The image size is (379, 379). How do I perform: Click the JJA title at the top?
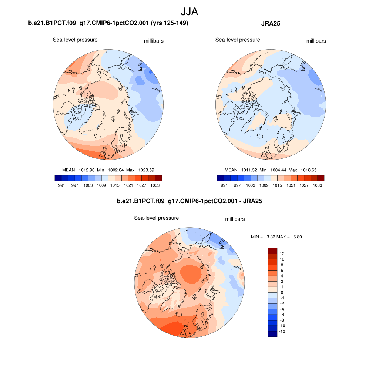click(189, 11)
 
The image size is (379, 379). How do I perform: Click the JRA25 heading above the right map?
click(271, 24)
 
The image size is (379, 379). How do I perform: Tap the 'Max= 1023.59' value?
click(140, 170)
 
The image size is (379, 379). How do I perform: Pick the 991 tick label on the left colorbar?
click(61, 185)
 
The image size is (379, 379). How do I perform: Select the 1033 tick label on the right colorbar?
click(317, 185)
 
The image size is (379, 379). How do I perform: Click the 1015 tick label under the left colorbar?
click(115, 185)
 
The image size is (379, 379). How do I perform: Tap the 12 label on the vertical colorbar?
click(282, 254)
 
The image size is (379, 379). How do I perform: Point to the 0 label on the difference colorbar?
click(282, 292)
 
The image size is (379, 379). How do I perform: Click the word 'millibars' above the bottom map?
click(235, 219)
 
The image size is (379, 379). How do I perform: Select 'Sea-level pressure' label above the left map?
click(75, 40)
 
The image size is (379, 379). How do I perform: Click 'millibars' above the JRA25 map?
click(316, 41)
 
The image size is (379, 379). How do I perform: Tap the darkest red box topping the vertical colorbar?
click(272, 251)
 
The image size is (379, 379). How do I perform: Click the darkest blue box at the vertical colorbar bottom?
click(272, 334)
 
